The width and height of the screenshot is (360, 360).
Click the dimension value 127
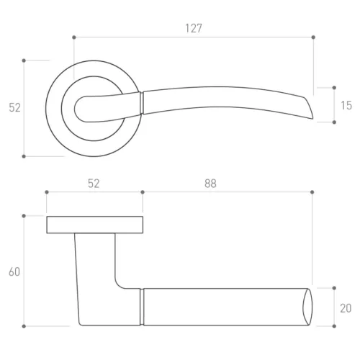click(x=194, y=28)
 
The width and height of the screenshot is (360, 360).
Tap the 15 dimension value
click(x=346, y=106)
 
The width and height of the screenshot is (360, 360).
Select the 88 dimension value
click(x=210, y=184)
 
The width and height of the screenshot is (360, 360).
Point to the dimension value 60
click(x=14, y=272)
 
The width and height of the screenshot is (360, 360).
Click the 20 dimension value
click(x=346, y=308)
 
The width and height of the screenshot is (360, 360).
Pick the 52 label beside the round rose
click(x=14, y=108)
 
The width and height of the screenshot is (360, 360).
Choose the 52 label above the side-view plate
click(x=94, y=184)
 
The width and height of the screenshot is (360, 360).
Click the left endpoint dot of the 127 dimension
click(x=74, y=37)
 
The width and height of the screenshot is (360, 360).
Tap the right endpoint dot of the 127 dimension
click(x=313, y=37)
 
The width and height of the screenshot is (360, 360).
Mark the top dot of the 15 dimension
click(x=334, y=88)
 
